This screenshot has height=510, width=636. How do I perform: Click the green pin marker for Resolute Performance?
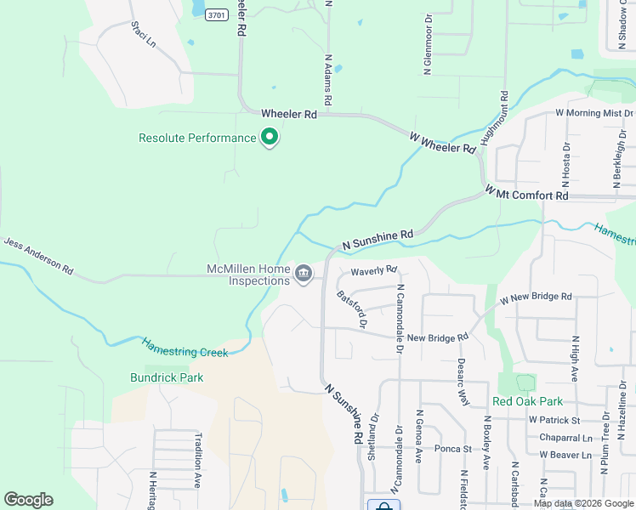coord(270,137)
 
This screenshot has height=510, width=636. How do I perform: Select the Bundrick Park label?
coord(167,377)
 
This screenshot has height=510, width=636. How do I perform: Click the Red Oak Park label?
coord(527,401)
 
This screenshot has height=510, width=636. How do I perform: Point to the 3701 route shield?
coord(218,14)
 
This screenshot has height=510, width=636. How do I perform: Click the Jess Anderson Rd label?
coord(38,255)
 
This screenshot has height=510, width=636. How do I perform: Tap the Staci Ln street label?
coord(144,35)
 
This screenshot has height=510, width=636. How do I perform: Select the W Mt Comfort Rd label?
coord(526,195)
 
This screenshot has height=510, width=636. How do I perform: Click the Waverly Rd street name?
coord(374,271)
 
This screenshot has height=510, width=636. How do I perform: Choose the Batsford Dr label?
coord(351,310)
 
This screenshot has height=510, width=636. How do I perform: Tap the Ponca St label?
coord(452,449)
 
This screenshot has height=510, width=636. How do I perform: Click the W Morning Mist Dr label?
coord(594,113)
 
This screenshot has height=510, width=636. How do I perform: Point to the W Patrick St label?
coord(554,420)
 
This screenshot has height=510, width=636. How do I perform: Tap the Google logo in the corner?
coord(28,500)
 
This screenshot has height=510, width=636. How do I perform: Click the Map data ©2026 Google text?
coord(583,503)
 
